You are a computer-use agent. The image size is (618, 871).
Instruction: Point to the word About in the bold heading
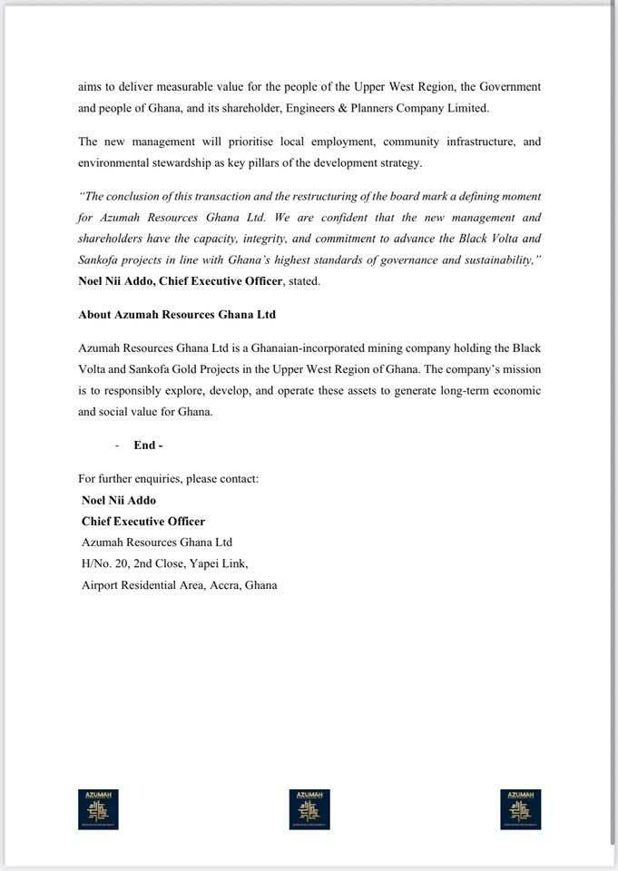click(95, 315)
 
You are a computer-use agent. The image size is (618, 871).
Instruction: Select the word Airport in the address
click(101, 585)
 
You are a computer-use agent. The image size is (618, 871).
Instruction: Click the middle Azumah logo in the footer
click(309, 809)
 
